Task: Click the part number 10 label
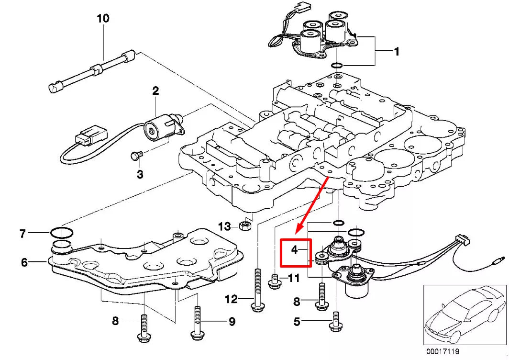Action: pyautogui.click(x=103, y=19)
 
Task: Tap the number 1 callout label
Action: pyautogui.click(x=397, y=51)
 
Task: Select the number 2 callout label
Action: pyautogui.click(x=155, y=90)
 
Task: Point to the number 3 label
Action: pyautogui.click(x=140, y=174)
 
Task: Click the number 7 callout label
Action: pyautogui.click(x=22, y=234)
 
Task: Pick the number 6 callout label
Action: pyautogui.click(x=24, y=262)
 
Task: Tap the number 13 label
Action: pyautogui.click(x=224, y=226)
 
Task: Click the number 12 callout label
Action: pyautogui.click(x=232, y=299)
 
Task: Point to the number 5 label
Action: pyautogui.click(x=297, y=322)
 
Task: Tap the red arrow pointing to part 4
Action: pyautogui.click(x=311, y=204)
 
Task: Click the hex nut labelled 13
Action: pyautogui.click(x=243, y=225)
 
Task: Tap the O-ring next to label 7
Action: pyautogui.click(x=62, y=233)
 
